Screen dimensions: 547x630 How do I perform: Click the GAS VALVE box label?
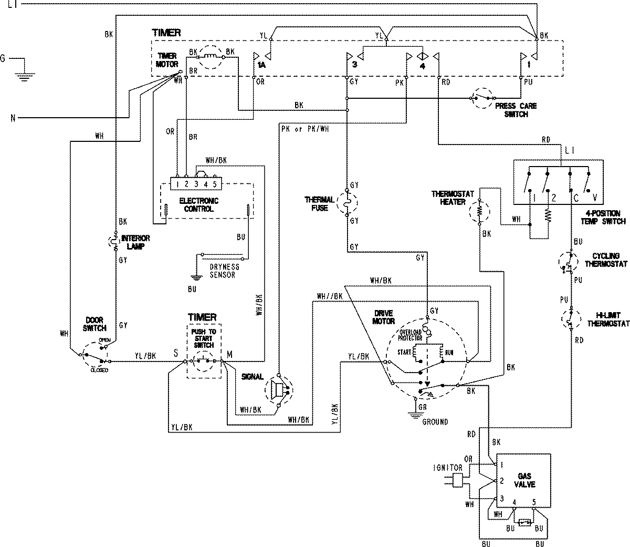[x=525, y=480]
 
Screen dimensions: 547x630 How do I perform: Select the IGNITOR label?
[x=448, y=467]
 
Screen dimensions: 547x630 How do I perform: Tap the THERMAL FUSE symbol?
[x=346, y=203]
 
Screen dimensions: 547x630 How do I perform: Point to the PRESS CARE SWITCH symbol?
[x=482, y=98]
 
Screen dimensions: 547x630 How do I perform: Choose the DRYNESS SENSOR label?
[x=223, y=271]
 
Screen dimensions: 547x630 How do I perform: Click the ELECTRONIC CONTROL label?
[x=198, y=205]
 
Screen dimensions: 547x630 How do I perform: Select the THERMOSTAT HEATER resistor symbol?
[x=479, y=211]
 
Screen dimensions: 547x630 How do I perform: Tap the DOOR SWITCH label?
[x=94, y=324]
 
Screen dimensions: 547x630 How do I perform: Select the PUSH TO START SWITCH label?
[x=203, y=338]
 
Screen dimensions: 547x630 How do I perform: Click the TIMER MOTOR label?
[x=167, y=60]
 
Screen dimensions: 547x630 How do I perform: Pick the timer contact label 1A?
[x=261, y=65]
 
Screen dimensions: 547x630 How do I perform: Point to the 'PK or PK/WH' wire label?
[x=305, y=129]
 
